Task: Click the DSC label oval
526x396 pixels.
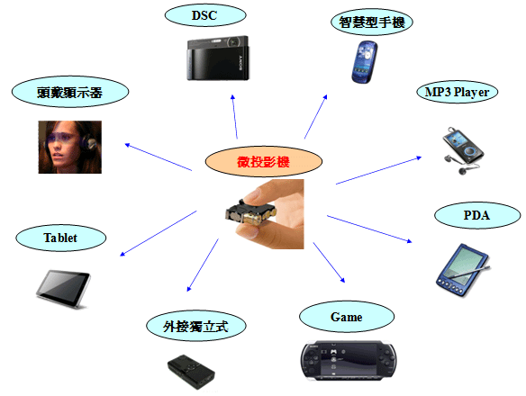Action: point(205,15)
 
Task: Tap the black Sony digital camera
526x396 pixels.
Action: point(218,58)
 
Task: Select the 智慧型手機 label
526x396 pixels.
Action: point(371,22)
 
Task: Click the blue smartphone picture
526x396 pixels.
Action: point(364,62)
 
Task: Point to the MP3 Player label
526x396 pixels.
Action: point(457,92)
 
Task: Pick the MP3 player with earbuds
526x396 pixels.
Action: point(463,150)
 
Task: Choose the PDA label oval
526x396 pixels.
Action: point(477,215)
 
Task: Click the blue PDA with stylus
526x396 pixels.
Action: point(463,270)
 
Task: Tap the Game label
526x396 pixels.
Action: point(347,317)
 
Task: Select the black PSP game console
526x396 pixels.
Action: point(349,361)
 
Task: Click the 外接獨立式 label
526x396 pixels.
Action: point(196,327)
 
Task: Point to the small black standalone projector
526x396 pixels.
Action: point(191,372)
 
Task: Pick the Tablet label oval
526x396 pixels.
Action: point(60,238)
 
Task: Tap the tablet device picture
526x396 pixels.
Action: point(63,289)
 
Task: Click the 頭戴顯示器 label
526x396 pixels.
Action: point(70,92)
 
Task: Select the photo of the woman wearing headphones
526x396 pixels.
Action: point(69,148)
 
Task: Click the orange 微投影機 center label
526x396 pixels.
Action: point(263,162)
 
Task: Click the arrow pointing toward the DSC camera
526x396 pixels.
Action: point(234,117)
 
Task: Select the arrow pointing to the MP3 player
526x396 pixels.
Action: point(378,170)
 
